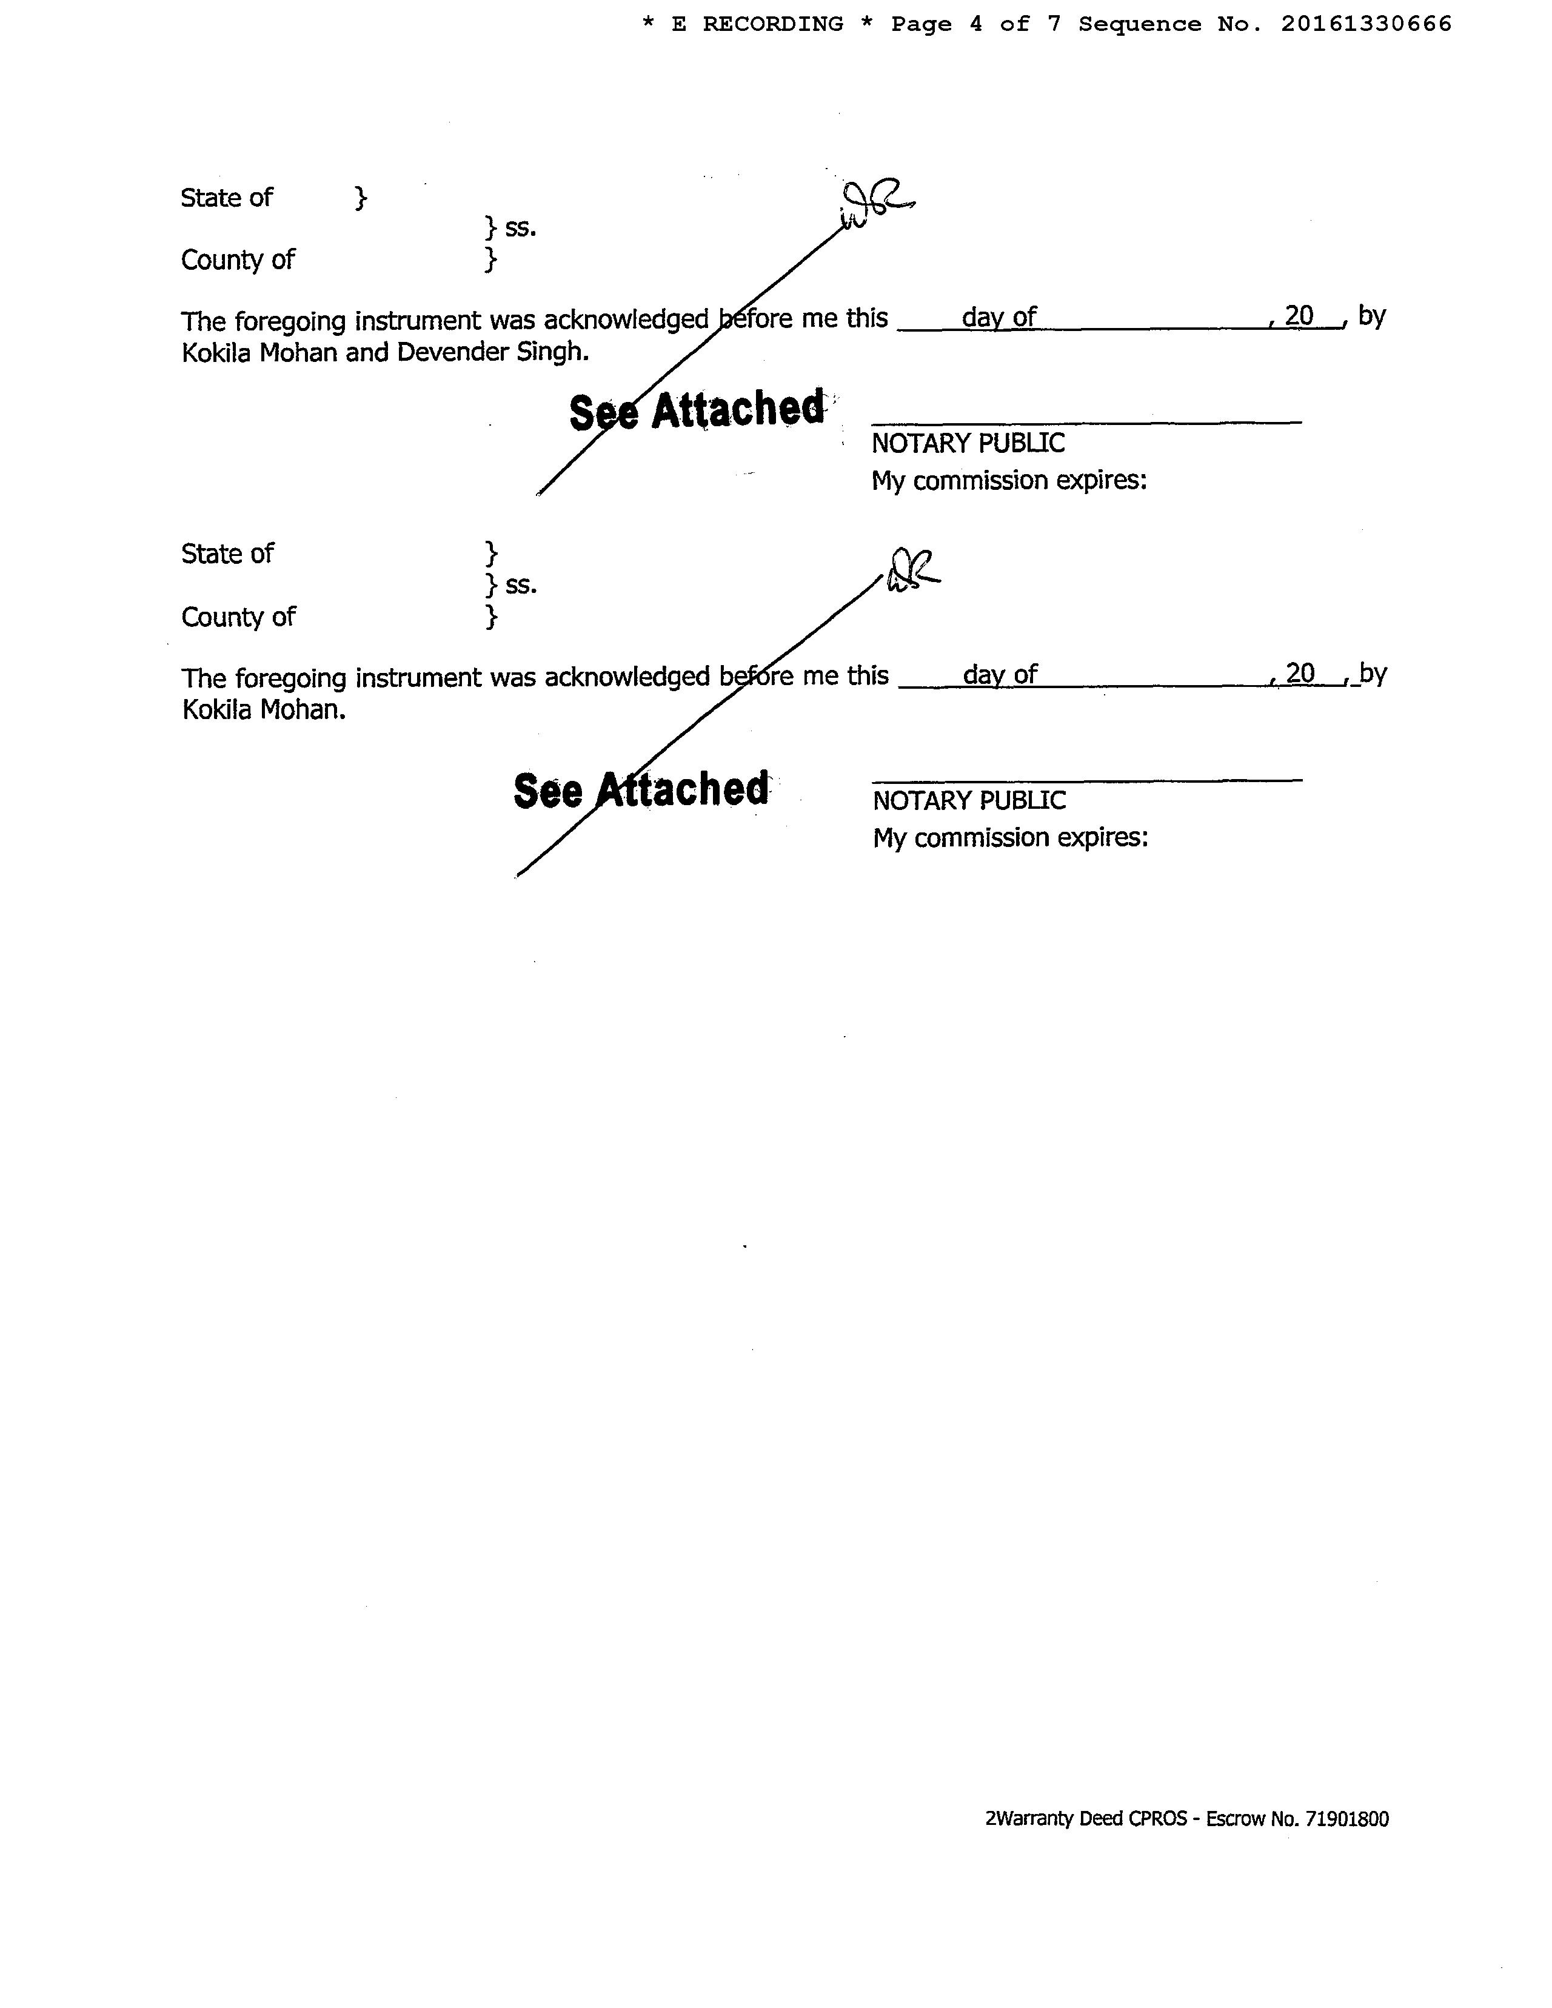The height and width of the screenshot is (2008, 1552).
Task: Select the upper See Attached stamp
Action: click(697, 410)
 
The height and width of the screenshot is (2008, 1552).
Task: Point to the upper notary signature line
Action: click(1086, 421)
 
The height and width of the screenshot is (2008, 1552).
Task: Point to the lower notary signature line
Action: click(1087, 780)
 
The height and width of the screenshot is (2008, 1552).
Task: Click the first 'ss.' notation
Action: click(520, 228)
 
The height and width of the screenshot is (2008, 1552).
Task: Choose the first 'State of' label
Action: click(226, 198)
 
